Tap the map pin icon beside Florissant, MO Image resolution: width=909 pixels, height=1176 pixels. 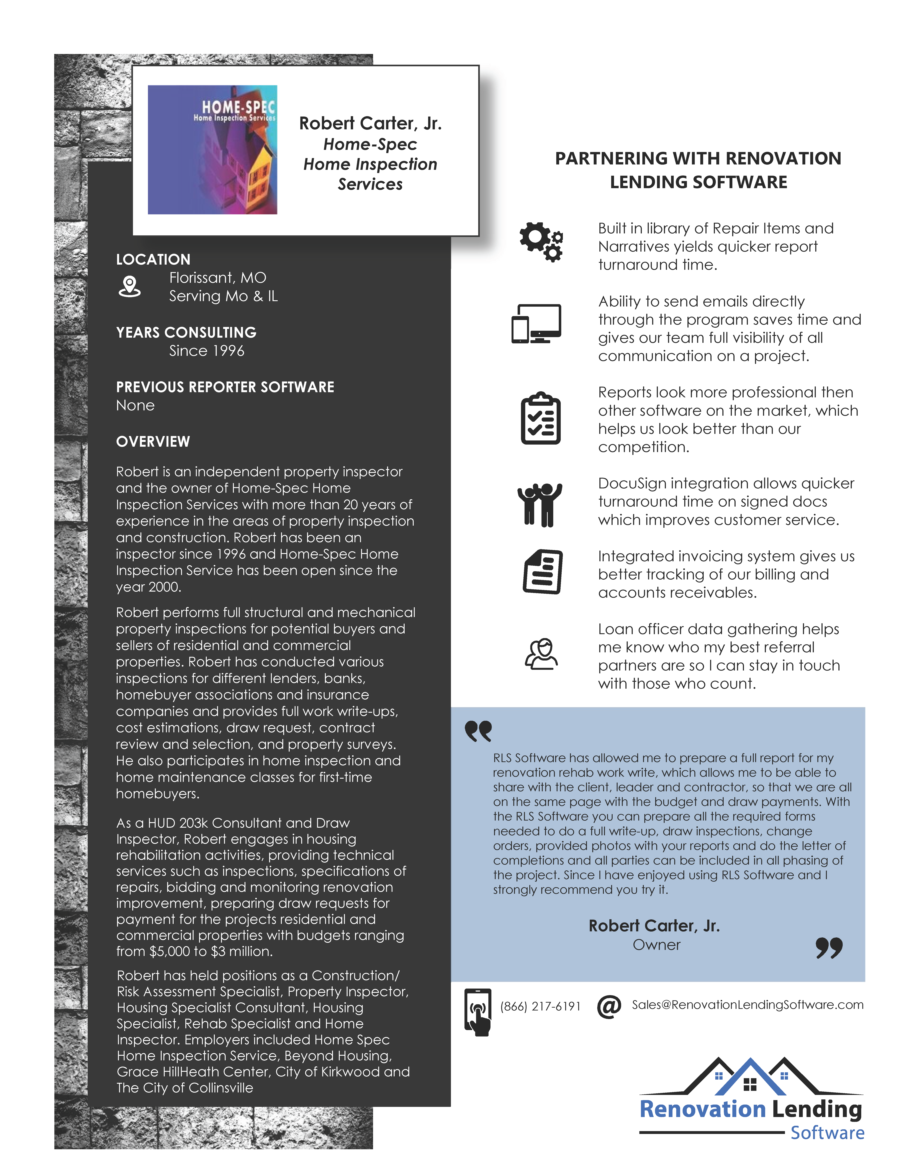pyautogui.click(x=129, y=287)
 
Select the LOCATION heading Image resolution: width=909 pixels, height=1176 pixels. pyautogui.click(x=153, y=260)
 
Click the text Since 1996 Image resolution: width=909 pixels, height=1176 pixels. pyautogui.click(x=206, y=351)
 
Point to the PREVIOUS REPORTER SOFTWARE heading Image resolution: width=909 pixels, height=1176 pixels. pyautogui.click(x=225, y=387)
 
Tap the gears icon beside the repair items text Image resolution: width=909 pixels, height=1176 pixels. pyautogui.click(x=541, y=242)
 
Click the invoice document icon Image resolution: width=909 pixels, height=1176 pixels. pyautogui.click(x=543, y=572)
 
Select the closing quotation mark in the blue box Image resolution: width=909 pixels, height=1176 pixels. pyautogui.click(x=829, y=948)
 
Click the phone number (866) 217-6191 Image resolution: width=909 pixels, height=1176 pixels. pyautogui.click(x=540, y=1006)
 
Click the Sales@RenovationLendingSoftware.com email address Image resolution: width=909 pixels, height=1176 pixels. pyautogui.click(x=748, y=1005)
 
